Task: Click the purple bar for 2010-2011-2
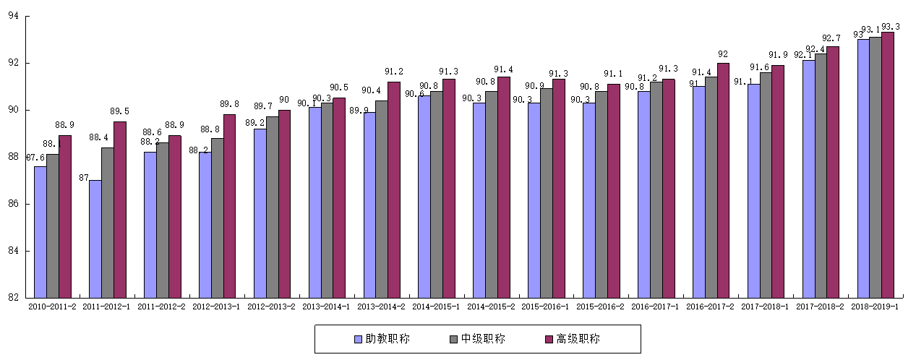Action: point(65,217)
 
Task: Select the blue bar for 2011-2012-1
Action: point(95,239)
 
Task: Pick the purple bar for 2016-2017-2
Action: point(723,180)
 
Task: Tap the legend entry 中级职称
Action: point(476,338)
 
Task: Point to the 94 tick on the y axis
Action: point(13,16)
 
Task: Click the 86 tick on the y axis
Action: point(13,204)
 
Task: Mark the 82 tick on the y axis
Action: point(13,298)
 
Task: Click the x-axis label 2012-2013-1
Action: point(213,307)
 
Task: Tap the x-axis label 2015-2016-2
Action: point(598,307)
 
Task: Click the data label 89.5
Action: point(120,111)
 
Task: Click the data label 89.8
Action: point(230,104)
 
